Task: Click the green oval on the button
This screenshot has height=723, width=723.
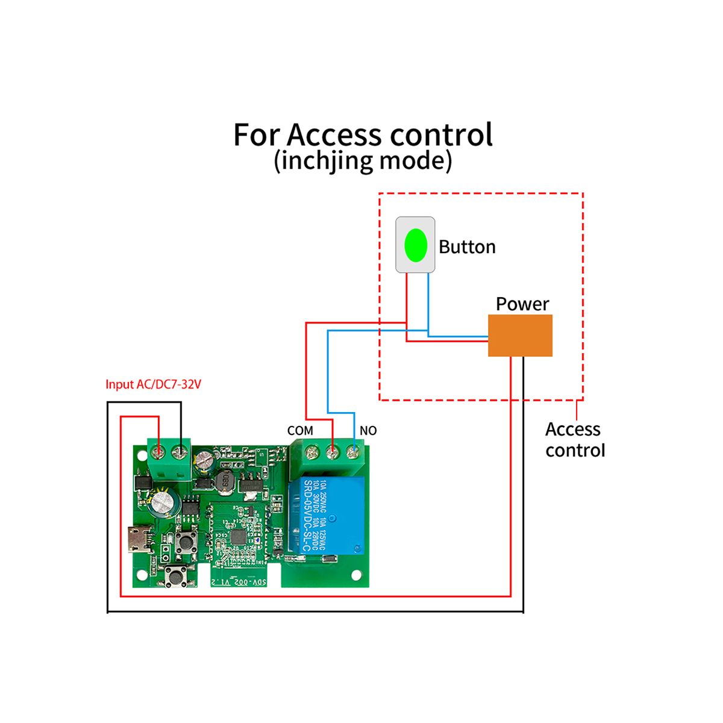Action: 416,245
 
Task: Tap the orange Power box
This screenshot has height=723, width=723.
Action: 520,336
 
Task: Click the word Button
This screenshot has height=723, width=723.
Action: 467,247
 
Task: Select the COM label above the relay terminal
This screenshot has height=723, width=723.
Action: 300,431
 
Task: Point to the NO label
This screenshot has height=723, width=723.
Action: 368,431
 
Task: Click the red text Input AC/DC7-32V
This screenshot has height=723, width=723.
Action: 153,384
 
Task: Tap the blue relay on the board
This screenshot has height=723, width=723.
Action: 326,515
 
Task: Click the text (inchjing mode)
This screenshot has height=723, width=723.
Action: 363,161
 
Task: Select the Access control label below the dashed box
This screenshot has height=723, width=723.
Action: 574,440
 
